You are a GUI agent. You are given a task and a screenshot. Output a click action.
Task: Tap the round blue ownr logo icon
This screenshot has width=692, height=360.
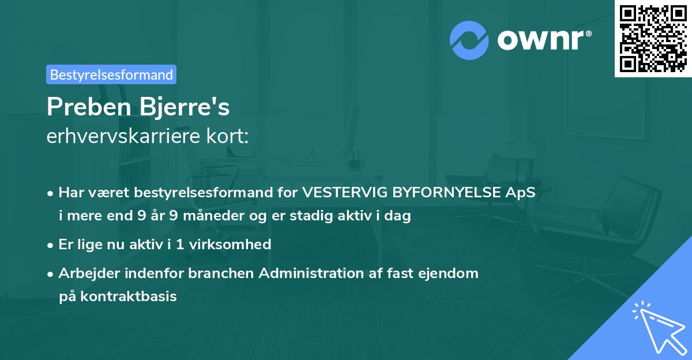(469, 39)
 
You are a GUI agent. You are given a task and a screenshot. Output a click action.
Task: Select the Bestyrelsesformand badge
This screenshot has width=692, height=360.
(111, 74)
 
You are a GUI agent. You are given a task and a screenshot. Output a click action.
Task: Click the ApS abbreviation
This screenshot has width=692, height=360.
(522, 193)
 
